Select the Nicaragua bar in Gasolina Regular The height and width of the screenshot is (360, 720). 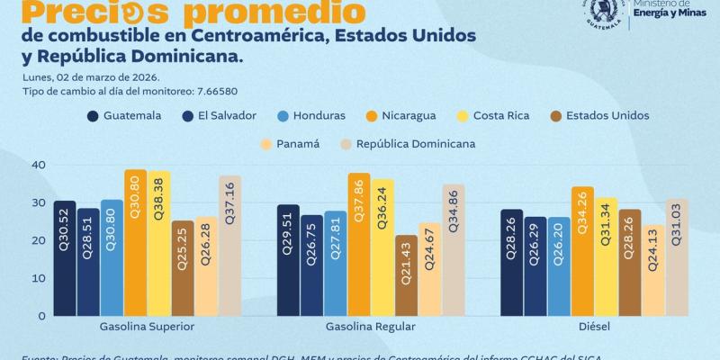tap(359, 244)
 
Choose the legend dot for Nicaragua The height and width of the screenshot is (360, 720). tap(373, 115)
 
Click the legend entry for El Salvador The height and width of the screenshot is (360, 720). tap(221, 115)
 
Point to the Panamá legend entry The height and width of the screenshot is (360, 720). tap(289, 143)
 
